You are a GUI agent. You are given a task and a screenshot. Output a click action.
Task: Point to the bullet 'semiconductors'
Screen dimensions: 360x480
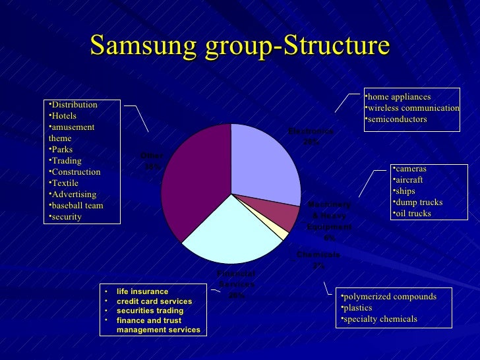coord(398,119)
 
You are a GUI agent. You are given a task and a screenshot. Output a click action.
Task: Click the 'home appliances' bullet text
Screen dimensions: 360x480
coord(399,97)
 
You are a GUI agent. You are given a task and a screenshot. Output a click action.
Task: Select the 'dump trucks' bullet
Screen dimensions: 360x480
coord(419,202)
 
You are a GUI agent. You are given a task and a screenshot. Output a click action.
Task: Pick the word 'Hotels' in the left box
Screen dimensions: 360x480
coord(64,116)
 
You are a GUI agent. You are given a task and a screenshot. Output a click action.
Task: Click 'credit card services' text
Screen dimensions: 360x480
coord(154,301)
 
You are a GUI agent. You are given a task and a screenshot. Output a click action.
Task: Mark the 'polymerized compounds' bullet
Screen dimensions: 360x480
coord(388,297)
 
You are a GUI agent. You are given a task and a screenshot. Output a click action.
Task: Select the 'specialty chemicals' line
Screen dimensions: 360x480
coord(379,319)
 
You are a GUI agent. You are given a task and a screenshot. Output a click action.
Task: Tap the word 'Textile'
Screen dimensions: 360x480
coord(65,183)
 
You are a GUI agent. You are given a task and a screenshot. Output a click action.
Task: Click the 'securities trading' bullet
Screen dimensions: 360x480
coord(150,311)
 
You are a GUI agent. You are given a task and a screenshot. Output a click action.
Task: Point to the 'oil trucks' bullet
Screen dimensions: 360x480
coord(413,214)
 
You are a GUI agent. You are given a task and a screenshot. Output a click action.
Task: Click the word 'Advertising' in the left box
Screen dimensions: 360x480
coord(74,195)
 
